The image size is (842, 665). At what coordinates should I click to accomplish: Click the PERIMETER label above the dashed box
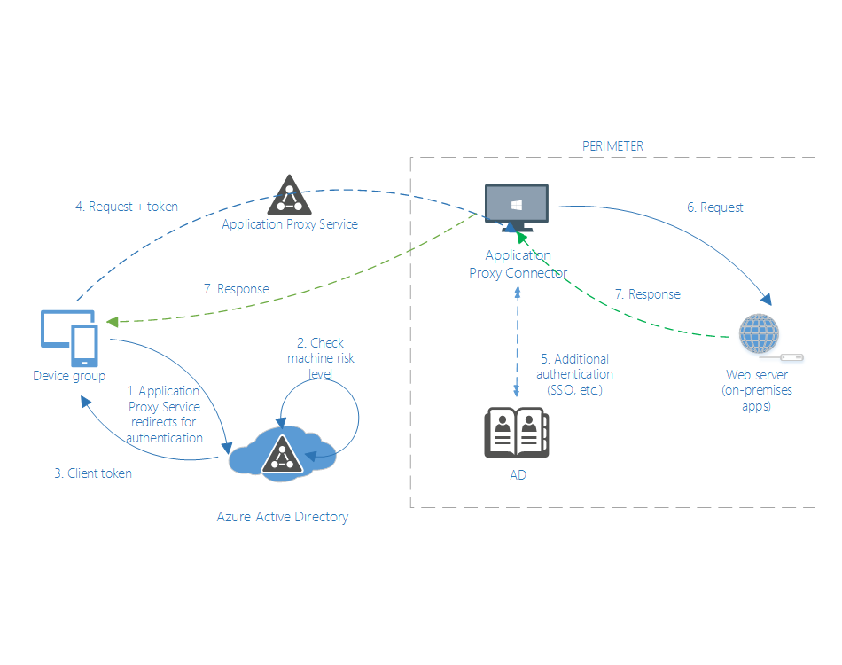pos(612,146)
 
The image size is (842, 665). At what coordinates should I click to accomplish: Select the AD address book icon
pos(517,433)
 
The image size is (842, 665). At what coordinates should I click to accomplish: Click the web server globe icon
pos(760,335)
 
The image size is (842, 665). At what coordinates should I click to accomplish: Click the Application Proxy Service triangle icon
pos(289,195)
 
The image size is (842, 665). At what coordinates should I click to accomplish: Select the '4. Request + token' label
pos(126,207)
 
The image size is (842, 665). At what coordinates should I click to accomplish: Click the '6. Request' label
pos(715,207)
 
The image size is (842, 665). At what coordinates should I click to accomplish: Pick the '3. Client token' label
pos(93,473)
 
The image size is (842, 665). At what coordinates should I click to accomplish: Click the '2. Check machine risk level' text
pos(320,358)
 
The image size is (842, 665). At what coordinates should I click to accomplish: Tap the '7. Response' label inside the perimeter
pos(647,294)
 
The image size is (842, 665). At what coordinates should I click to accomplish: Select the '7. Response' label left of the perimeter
pos(235,289)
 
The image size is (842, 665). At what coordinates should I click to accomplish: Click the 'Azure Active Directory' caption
pos(282,517)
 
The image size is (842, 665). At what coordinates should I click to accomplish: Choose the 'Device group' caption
pos(69,376)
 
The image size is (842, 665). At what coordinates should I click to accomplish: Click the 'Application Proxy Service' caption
pos(289,224)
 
